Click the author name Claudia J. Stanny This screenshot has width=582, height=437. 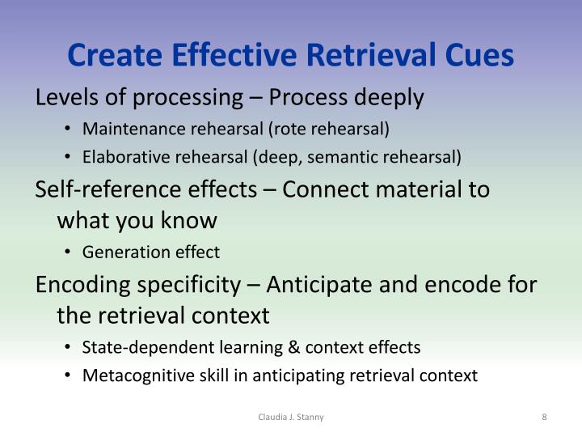pyautogui.click(x=290, y=417)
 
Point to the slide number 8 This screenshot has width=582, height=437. pyautogui.click(x=545, y=417)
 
